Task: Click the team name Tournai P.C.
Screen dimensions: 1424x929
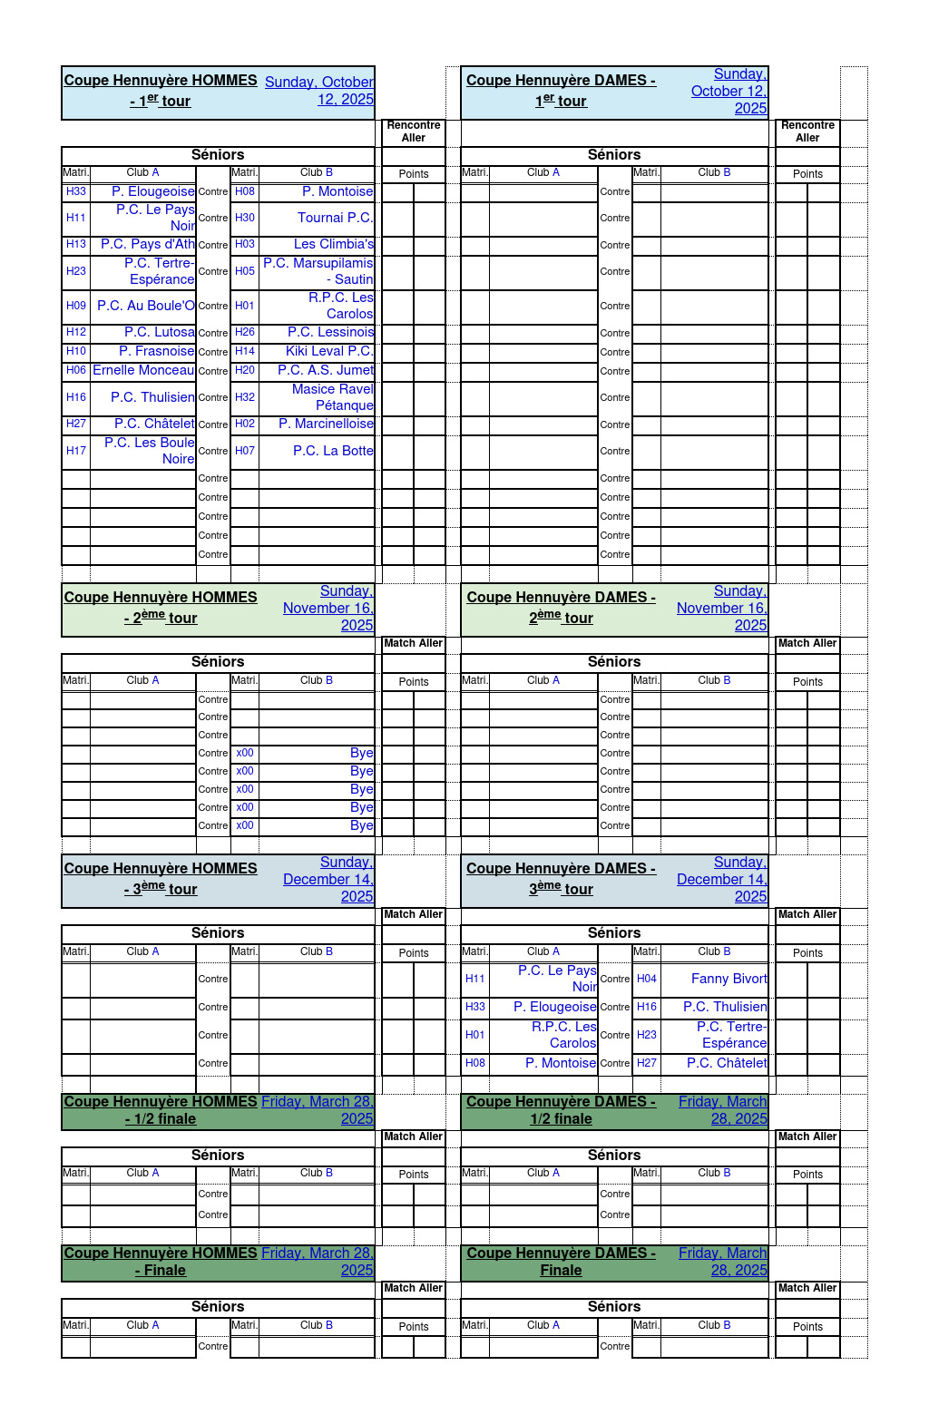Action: coord(335,218)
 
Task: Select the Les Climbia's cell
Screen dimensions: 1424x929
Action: coord(333,244)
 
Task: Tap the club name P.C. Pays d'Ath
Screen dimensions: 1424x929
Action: coord(147,244)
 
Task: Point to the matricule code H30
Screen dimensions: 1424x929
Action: coord(245,218)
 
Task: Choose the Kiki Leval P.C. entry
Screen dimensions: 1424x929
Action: coord(328,351)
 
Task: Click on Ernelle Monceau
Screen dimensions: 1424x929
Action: coord(143,370)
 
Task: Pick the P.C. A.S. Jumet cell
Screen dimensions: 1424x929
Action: coord(325,370)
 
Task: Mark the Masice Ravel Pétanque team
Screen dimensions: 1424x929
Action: coord(332,397)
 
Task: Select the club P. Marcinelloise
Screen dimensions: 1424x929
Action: coord(326,424)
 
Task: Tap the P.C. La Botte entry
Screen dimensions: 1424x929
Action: coord(333,451)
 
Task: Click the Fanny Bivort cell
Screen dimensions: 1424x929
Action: coord(729,979)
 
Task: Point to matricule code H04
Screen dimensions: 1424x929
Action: coord(647,979)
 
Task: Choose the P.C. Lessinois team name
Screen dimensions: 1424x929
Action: coord(330,332)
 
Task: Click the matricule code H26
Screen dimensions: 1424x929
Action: coord(245,332)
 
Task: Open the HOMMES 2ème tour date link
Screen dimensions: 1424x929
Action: coord(328,608)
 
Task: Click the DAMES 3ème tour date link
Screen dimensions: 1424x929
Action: coord(722,879)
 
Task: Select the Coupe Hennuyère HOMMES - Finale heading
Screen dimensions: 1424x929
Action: coord(161,1262)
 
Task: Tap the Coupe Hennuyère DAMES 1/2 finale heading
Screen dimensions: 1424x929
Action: coord(561,1110)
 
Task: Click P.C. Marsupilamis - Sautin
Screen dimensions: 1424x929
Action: coord(318,271)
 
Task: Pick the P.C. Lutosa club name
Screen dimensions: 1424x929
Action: coord(159,332)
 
